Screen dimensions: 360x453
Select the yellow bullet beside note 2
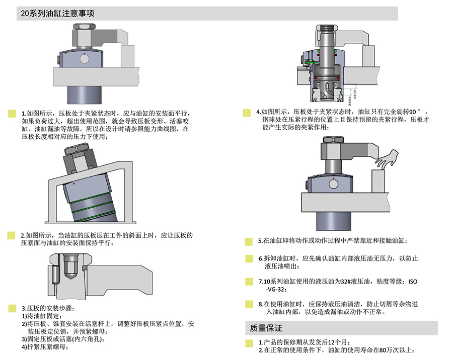click(12, 235)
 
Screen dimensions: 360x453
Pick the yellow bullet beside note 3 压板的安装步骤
click(12, 308)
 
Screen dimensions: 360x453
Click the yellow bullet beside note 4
click(247, 113)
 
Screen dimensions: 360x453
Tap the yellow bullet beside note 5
click(248, 241)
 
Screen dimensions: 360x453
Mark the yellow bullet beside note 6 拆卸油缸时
click(248, 259)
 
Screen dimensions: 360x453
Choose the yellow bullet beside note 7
click(248, 282)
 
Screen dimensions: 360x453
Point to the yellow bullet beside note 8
click(248, 304)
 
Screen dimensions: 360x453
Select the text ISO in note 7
click(413, 282)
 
